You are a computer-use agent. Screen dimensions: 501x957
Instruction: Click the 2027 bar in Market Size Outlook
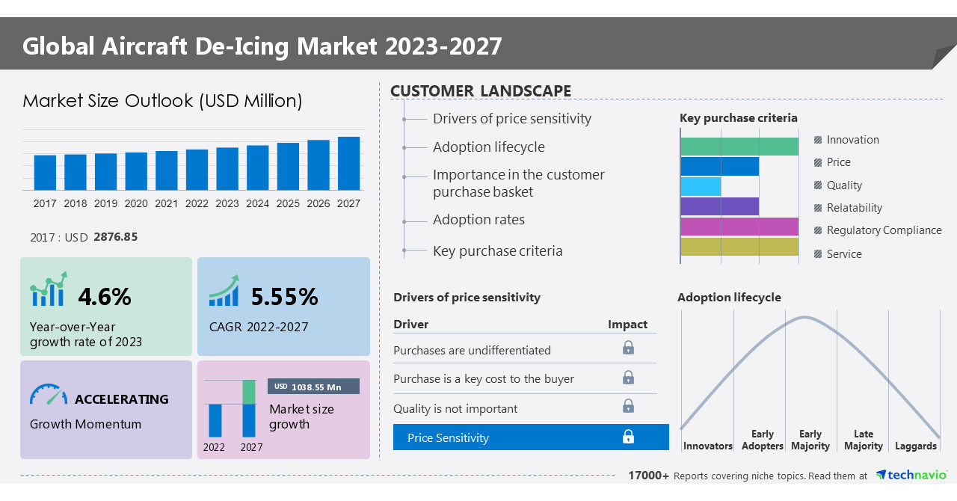(x=348, y=163)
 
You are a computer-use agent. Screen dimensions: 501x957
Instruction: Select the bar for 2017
(x=45, y=172)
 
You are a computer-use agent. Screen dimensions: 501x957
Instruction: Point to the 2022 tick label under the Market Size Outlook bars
(x=197, y=203)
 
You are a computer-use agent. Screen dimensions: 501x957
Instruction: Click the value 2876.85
(x=116, y=236)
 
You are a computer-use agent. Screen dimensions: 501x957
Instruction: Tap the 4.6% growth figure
(x=105, y=297)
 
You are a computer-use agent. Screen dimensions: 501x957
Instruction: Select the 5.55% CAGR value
(x=284, y=297)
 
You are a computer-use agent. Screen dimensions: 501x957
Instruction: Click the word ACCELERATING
(x=122, y=399)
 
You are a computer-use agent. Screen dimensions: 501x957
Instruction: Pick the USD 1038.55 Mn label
(x=313, y=387)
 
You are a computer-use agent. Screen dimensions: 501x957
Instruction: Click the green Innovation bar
(x=739, y=147)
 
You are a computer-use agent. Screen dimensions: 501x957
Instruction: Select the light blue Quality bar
(x=701, y=186)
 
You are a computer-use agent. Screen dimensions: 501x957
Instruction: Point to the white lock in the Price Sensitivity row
(x=628, y=437)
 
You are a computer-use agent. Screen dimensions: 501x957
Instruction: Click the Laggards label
(x=915, y=446)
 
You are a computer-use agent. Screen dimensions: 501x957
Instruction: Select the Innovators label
(x=707, y=446)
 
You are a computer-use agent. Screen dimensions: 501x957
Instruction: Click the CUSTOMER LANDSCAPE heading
(x=481, y=91)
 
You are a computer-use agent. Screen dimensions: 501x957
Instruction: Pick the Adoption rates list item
(x=478, y=220)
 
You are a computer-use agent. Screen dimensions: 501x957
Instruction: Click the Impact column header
(x=627, y=324)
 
